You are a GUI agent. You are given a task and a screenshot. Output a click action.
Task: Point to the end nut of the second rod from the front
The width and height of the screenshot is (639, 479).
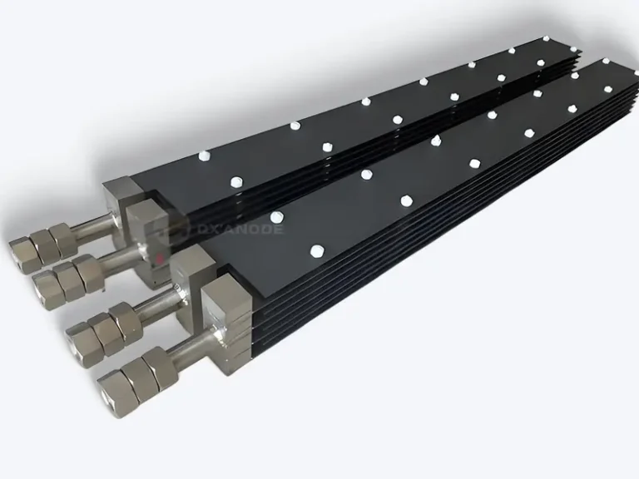[x=81, y=338]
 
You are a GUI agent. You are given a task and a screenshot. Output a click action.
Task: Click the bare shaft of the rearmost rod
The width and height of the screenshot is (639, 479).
[x=92, y=225]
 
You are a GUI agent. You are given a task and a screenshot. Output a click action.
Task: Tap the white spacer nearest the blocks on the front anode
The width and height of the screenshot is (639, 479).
[x=315, y=249]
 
